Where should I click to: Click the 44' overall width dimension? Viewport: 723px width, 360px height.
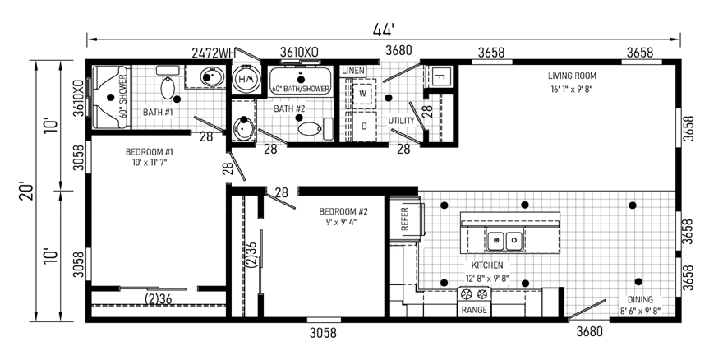coord(383,30)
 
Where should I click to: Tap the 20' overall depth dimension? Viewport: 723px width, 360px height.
coord(27,191)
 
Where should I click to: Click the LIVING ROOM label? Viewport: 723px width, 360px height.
coord(572,76)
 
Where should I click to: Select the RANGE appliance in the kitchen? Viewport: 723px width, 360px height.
coord(474,302)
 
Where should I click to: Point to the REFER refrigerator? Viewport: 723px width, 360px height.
coord(406,219)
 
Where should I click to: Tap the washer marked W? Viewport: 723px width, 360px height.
coord(364,94)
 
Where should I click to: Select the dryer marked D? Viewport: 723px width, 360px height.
coord(364,126)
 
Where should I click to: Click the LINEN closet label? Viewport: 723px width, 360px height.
coord(353,71)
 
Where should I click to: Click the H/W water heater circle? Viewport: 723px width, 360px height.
coord(246,79)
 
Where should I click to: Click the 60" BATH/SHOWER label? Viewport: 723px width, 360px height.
coord(300,89)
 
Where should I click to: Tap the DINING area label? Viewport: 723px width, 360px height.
coord(639,299)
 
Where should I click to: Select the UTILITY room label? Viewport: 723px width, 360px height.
coord(401,121)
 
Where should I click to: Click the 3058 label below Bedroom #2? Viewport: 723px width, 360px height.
coord(323,332)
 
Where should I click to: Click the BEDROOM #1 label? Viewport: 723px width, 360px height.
coord(149,151)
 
